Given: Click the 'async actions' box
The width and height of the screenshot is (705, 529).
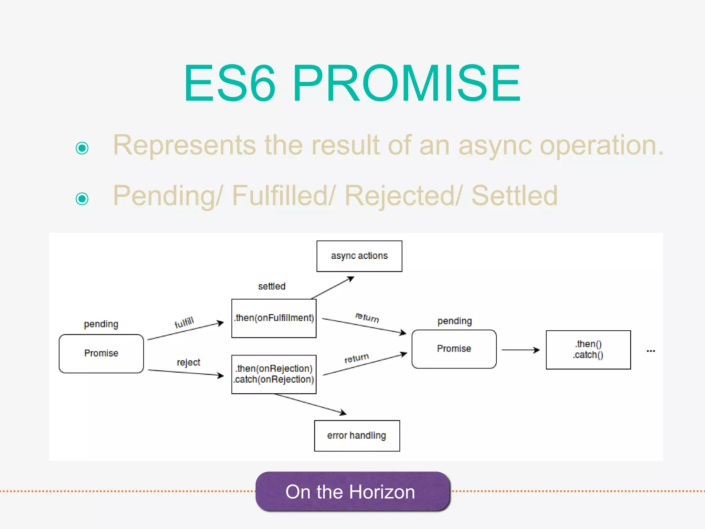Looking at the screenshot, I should pos(359,256).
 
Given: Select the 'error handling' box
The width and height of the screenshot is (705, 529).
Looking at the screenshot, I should pos(357,436).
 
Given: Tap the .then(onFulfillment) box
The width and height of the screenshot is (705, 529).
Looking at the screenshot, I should pos(274,318).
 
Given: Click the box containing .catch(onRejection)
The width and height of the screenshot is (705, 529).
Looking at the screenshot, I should pos(274,374).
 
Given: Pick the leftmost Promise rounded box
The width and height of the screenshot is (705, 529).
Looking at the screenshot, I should pos(101,353).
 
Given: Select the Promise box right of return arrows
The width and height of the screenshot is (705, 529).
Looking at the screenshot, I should pos(454,349).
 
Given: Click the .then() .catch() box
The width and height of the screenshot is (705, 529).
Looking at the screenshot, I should pos(588,350).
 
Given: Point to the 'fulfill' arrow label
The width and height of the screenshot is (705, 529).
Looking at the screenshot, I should pos(184,323).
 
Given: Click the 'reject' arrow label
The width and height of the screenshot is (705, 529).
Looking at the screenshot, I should pos(188,362).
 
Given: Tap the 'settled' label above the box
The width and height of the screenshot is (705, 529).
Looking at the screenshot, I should pos(272,286).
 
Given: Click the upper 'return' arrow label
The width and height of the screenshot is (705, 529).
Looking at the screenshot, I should pos(367,317).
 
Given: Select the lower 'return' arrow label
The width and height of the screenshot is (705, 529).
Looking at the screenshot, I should pos(357,358).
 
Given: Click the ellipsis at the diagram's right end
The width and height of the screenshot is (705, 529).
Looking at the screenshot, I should pos(651,351).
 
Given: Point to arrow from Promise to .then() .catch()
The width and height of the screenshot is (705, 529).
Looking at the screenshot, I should pos(520,350).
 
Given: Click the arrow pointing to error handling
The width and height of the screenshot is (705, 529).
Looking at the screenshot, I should pos(310,404).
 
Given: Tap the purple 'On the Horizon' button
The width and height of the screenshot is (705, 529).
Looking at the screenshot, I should pos(352,491).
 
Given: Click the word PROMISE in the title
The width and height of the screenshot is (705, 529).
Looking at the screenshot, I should pos(406,83).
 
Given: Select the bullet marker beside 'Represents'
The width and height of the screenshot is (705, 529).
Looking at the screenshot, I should pos(82,148).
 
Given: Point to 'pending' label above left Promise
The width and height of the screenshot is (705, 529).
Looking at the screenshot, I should pos(101,324).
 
